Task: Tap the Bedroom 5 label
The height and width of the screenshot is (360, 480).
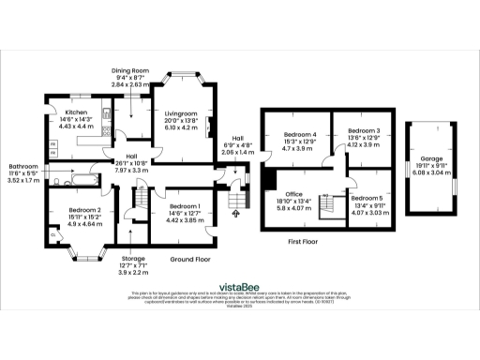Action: point(367,198)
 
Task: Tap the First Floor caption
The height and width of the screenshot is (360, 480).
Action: point(306,240)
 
